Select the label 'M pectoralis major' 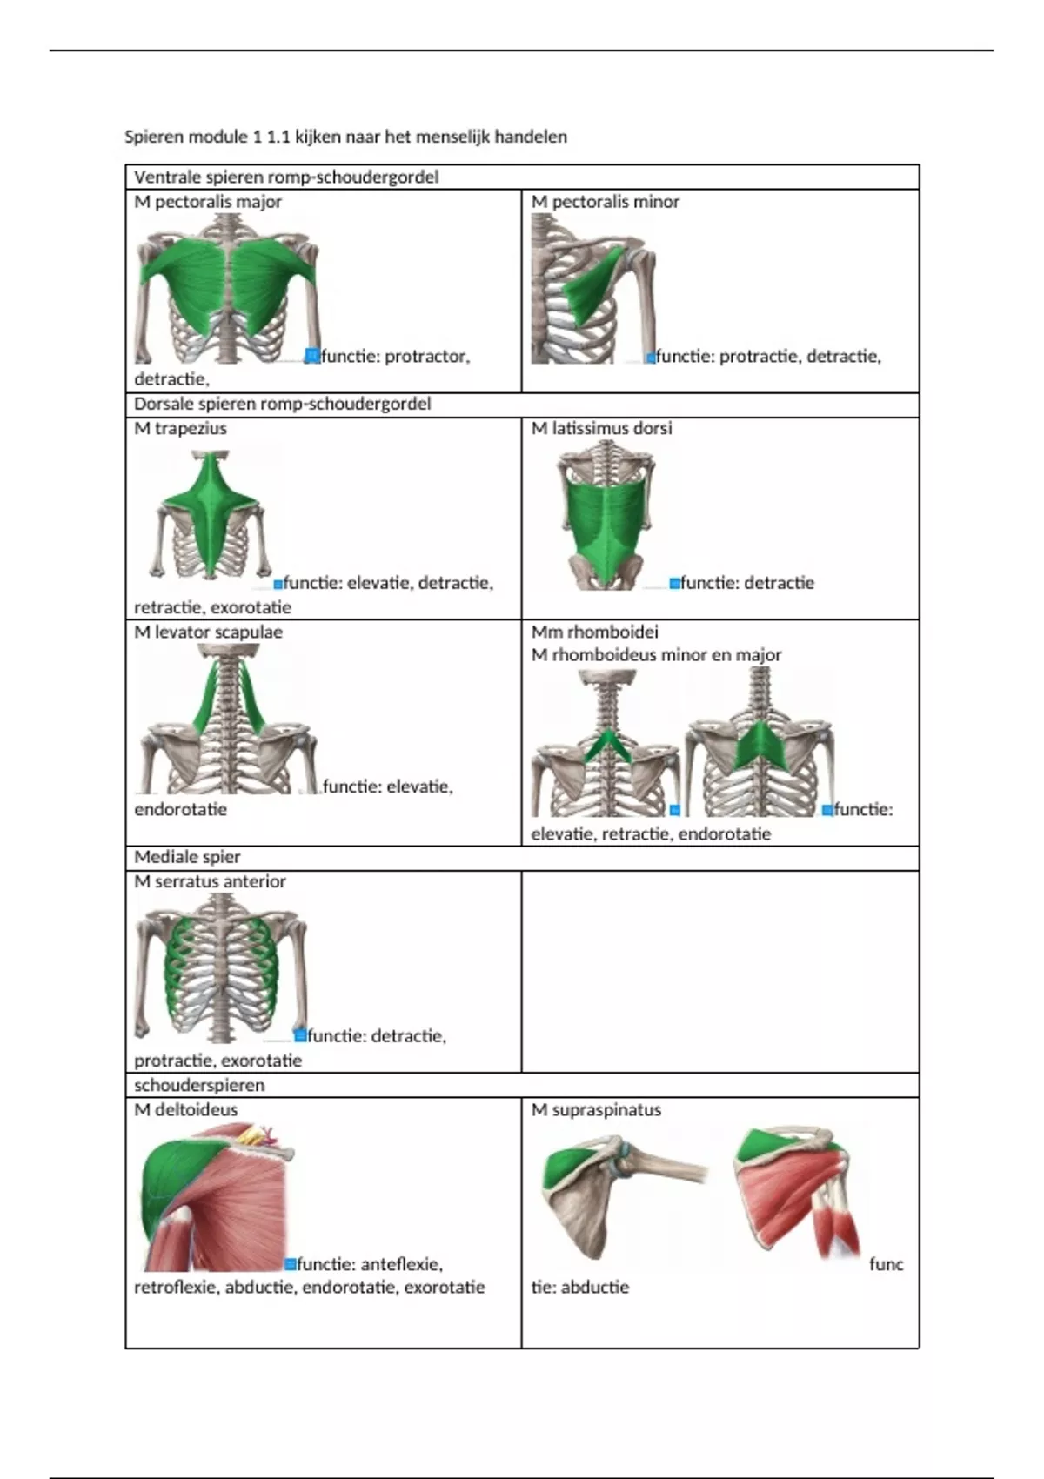pyautogui.click(x=208, y=202)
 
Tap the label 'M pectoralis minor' pyautogui.click(x=606, y=202)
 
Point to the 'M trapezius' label pyautogui.click(x=180, y=428)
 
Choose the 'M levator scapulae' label pyautogui.click(x=209, y=632)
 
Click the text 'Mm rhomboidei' pyautogui.click(x=595, y=632)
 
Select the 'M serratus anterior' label pyautogui.click(x=210, y=881)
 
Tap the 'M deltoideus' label pyautogui.click(x=185, y=1109)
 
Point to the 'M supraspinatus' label pyautogui.click(x=597, y=1109)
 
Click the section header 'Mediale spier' pyautogui.click(x=187, y=857)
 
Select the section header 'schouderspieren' pyautogui.click(x=199, y=1085)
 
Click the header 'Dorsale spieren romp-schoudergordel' pyautogui.click(x=283, y=404)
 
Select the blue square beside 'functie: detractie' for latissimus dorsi pyautogui.click(x=674, y=583)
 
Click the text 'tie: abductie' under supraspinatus pyautogui.click(x=580, y=1287)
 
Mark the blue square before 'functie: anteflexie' pyautogui.click(x=291, y=1264)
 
